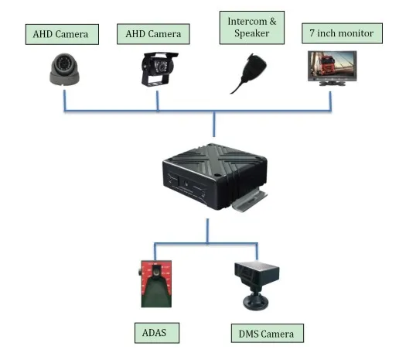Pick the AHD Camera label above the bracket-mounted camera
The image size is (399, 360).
click(x=153, y=34)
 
